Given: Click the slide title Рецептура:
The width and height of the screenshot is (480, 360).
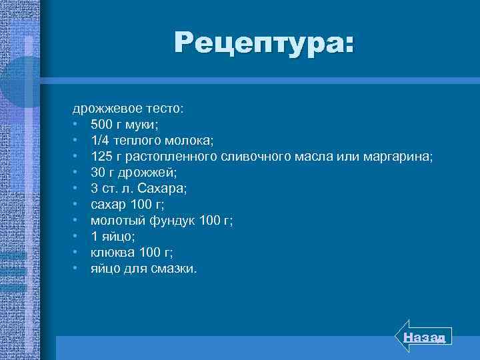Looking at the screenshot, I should pos(265,44).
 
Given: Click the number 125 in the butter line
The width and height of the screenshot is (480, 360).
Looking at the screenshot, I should pos(101,156).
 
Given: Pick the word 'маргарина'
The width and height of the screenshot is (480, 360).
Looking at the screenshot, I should pos(398,157).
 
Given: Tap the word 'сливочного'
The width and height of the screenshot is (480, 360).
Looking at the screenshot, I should pos(253,156).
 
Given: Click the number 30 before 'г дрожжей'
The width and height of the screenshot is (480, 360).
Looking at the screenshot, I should pos(97,172).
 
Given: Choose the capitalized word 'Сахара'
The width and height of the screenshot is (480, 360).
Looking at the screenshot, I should pos(165,189).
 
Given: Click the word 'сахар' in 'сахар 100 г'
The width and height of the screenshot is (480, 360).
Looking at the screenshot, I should pos(107,205).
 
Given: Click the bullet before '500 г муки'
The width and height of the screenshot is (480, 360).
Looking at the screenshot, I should pos(77,124).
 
